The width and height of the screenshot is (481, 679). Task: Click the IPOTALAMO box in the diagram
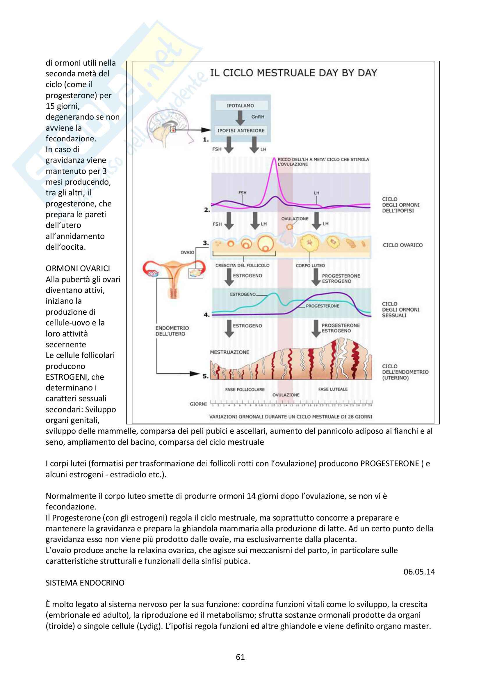point(240,106)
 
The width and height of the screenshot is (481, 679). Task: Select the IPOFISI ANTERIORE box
point(241,130)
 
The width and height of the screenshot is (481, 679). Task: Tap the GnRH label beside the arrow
point(258,117)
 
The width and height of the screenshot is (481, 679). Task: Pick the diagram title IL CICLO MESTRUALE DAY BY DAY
point(293,73)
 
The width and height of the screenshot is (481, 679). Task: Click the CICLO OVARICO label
point(402,245)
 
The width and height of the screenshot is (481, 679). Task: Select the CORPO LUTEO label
point(310,266)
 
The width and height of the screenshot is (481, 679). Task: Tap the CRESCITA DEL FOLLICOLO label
point(242,266)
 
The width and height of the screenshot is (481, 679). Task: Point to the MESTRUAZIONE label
point(229,352)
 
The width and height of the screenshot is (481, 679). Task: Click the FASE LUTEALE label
point(333,389)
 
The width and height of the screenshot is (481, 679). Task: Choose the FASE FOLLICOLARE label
point(245,390)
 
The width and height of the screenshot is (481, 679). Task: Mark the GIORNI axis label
point(198,404)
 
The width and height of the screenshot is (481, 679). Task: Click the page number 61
point(240,657)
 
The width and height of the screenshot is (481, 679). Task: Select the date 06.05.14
point(419,572)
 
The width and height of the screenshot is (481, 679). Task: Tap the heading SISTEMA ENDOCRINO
point(85,583)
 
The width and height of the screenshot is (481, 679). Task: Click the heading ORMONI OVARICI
point(78,268)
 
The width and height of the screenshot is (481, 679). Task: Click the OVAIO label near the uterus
point(187,252)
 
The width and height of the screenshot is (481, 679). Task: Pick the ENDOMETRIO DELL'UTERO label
point(172,331)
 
